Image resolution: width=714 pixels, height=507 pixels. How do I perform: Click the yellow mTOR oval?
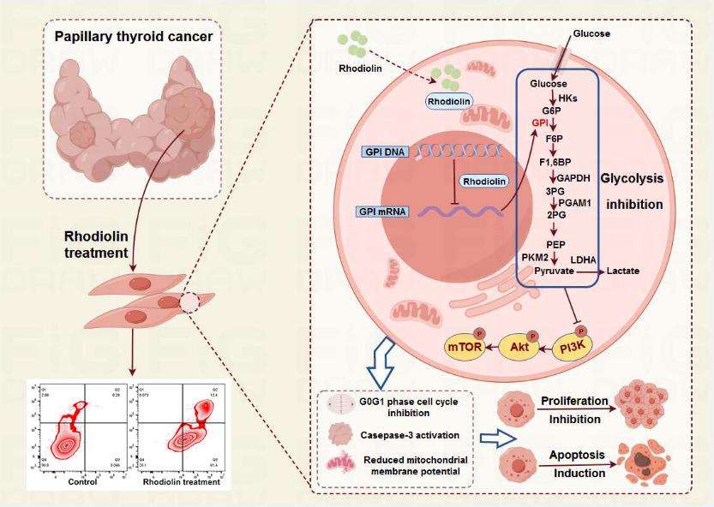464,347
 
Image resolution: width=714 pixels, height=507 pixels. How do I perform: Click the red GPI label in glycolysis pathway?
539,123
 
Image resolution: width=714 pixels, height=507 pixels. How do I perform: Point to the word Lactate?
623,271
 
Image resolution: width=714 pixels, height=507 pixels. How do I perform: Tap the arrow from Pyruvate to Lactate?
591,271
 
